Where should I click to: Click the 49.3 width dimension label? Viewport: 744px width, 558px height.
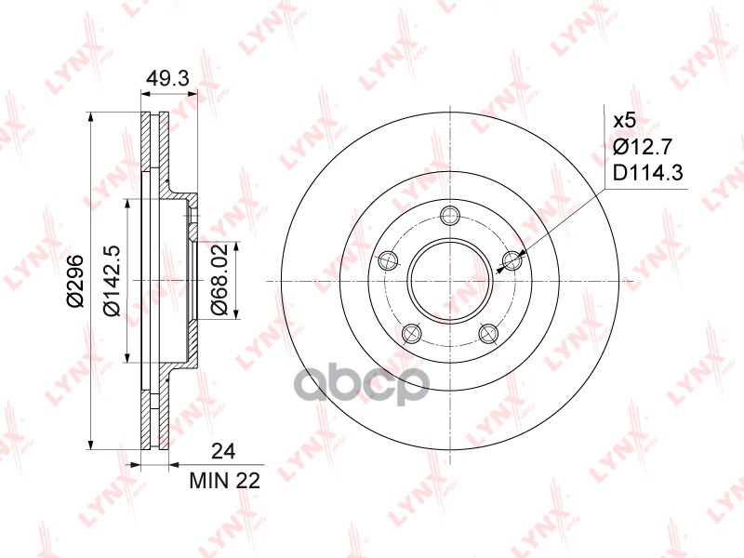tap(167, 78)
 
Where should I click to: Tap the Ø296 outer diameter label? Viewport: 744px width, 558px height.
tap(75, 281)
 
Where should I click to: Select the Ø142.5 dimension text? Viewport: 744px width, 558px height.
tap(112, 281)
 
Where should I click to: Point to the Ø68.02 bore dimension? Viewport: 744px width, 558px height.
tap(219, 280)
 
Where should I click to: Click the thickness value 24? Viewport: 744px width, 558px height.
tap(223, 451)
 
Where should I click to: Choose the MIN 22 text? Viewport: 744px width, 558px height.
tap(225, 481)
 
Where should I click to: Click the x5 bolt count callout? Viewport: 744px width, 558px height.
tap(624, 121)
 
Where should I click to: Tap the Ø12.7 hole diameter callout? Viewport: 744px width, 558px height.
tap(643, 147)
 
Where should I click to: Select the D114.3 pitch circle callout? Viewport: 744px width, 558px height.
tap(647, 173)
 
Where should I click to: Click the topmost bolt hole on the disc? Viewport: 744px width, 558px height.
tap(449, 217)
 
